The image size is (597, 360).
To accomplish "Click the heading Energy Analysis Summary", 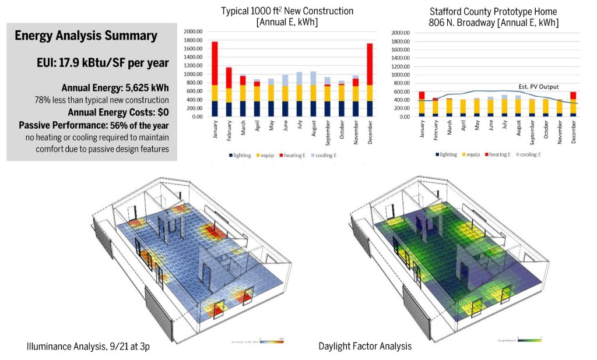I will (x=86, y=36).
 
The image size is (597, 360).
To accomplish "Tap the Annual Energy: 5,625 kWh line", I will (x=115, y=88).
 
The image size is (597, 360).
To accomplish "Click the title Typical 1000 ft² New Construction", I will (x=287, y=11).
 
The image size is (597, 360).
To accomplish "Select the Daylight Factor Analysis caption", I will (x=365, y=347).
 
